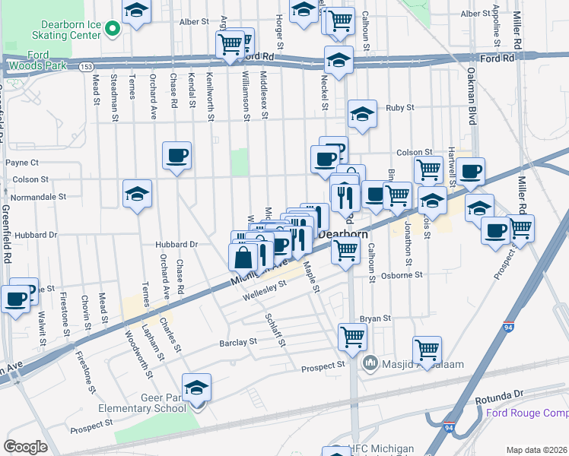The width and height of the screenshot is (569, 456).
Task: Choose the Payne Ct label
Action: tap(22, 163)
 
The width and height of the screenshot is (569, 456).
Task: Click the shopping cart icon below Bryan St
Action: tap(352, 336)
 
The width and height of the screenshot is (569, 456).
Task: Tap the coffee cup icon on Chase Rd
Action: tap(177, 156)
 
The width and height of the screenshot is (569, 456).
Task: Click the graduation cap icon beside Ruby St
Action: tap(362, 115)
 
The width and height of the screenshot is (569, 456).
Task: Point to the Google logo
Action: tap(26, 447)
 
